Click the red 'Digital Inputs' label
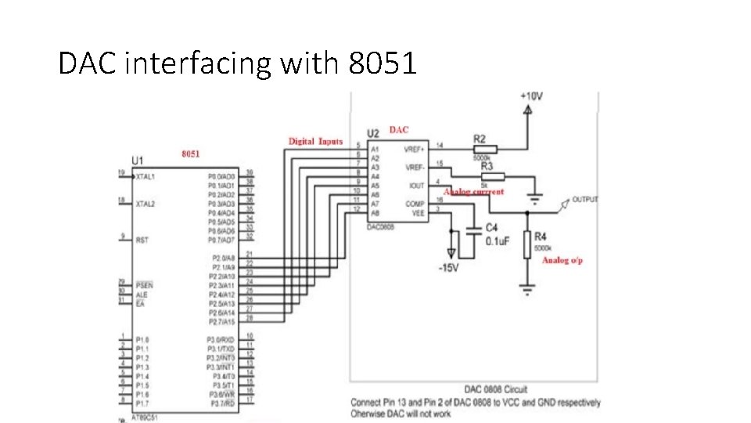point(316,142)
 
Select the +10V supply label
point(531,96)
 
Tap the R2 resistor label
point(480,139)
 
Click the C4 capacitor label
point(491,228)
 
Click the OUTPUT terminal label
point(585,200)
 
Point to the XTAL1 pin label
point(145,177)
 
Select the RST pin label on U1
point(142,240)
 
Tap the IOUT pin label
point(417,186)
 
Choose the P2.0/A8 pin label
point(222,258)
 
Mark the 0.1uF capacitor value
point(498,240)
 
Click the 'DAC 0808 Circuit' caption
point(496,389)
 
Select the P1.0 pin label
point(142,340)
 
